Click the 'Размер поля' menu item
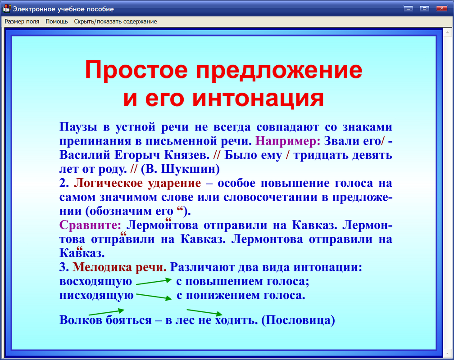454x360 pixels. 22,21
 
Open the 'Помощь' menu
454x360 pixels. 57,21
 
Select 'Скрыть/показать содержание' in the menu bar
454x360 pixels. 115,21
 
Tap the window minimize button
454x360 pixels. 409,8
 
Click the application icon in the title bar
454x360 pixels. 7,9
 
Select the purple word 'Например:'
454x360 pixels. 288,140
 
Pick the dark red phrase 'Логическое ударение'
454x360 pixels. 137,183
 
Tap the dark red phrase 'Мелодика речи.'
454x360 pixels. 119,267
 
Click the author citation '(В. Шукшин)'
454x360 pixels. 180,169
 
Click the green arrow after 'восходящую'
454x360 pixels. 154,281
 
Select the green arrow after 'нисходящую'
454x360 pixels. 154,297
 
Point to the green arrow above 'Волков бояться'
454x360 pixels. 106,311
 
